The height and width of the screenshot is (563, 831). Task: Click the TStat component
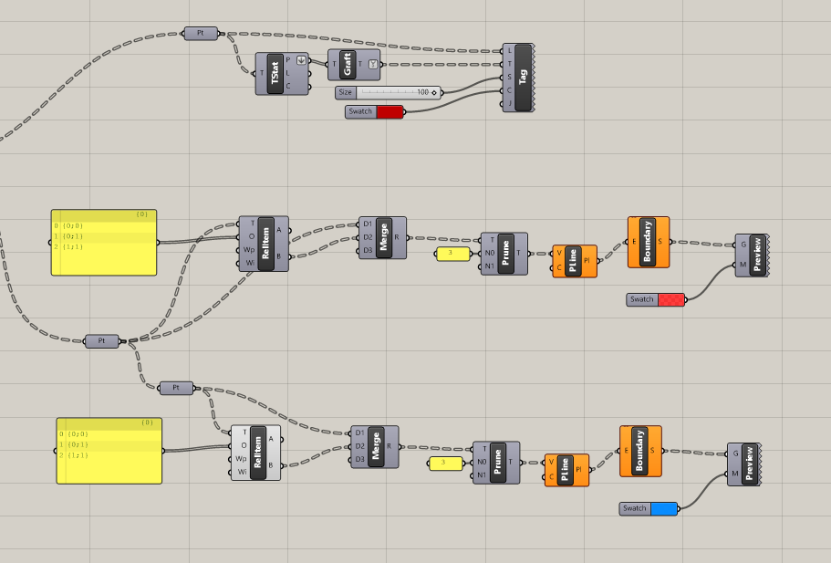275,74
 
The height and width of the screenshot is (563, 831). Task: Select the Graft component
347,64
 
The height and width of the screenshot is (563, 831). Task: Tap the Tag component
523,78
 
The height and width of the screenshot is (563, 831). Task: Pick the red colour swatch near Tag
390,111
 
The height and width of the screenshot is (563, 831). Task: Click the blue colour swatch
664,508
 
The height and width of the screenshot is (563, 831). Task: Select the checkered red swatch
670,299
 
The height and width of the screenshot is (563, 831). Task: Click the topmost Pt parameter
201,33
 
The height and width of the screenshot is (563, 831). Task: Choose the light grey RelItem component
257,453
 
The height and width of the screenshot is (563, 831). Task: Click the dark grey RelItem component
265,244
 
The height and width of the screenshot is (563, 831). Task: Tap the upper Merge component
383,237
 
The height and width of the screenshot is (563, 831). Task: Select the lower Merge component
376,446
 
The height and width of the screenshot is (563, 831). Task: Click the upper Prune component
504,253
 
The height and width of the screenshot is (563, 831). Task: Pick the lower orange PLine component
566,470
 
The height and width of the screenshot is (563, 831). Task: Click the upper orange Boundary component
648,242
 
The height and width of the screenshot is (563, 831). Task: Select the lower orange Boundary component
639,451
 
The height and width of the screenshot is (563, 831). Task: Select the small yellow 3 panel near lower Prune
444,464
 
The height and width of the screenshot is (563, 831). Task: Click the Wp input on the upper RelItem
245,250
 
